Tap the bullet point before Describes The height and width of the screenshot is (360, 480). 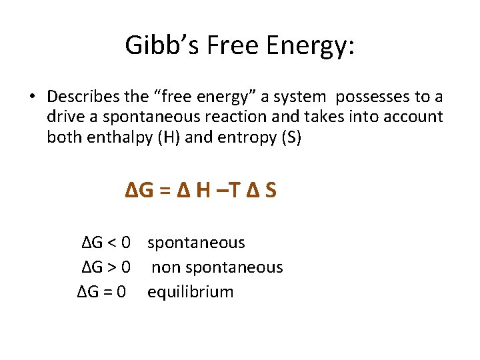31,97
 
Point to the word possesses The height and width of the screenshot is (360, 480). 371,97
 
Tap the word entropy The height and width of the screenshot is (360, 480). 241,138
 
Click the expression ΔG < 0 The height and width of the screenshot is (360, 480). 105,243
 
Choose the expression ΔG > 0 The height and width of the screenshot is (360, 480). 105,267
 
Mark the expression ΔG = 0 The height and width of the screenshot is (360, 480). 101,292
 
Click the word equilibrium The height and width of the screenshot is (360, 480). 191,292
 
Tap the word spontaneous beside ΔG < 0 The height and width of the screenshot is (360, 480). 196,243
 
